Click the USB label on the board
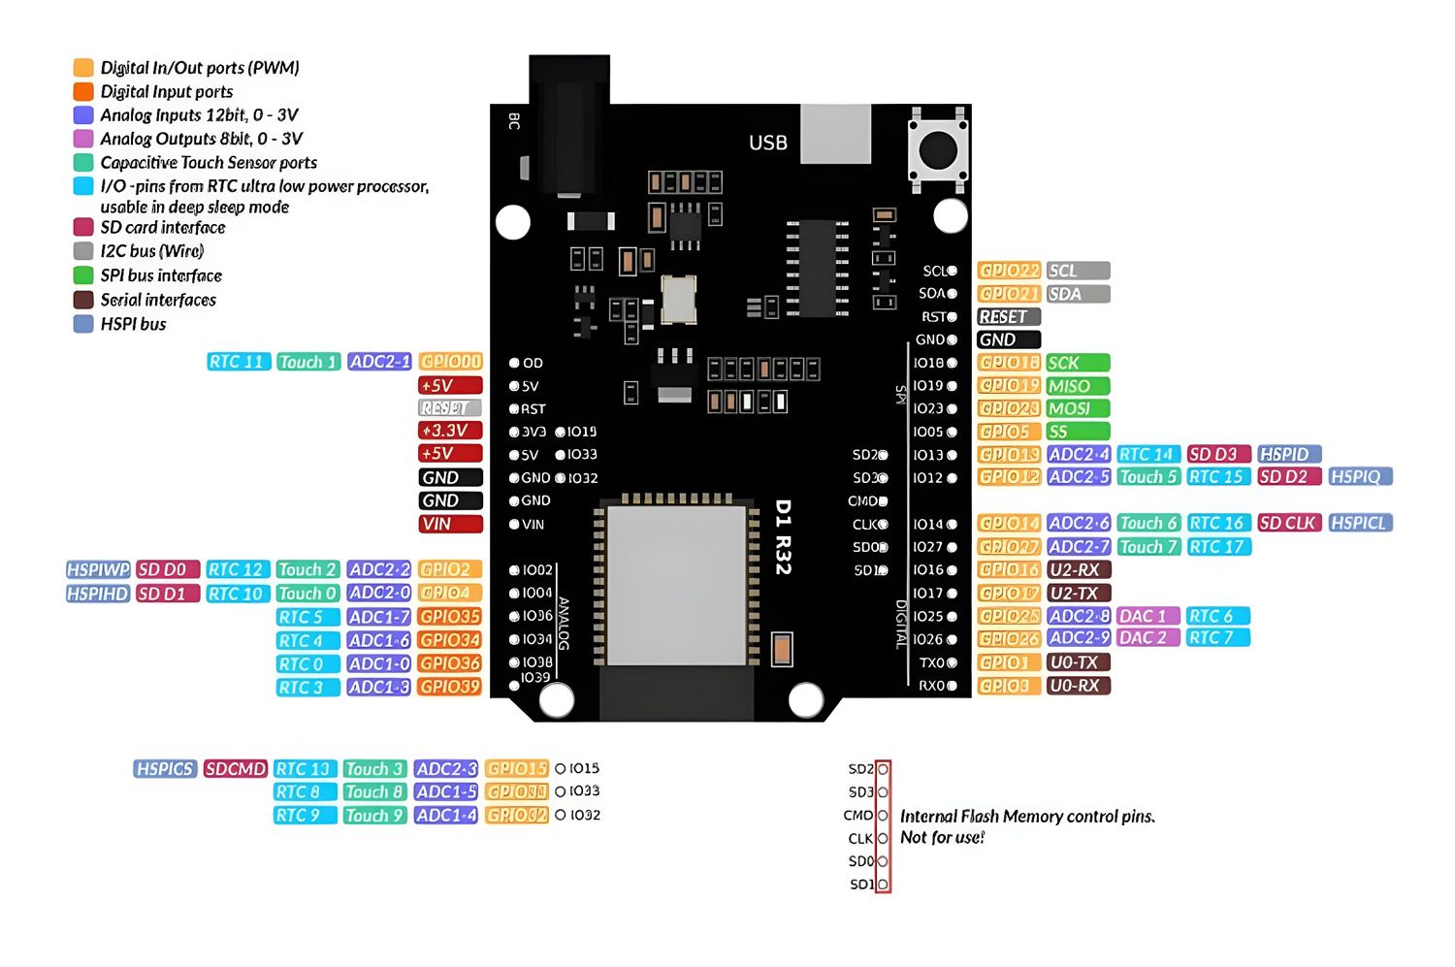(767, 143)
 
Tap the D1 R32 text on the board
(784, 536)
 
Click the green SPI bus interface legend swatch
(83, 275)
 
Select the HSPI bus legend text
(133, 324)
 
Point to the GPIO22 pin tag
(1009, 271)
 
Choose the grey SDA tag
(1078, 294)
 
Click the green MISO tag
(1078, 386)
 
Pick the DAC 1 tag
(1148, 616)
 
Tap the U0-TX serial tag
(1078, 662)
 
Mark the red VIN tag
(450, 524)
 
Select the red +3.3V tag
(450, 431)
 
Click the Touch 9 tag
(373, 816)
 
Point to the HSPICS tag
(166, 769)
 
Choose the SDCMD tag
(235, 769)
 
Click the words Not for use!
(942, 838)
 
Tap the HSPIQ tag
(1360, 477)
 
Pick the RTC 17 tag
(1217, 547)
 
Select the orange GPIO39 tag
(450, 687)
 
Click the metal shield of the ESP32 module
(676, 585)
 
